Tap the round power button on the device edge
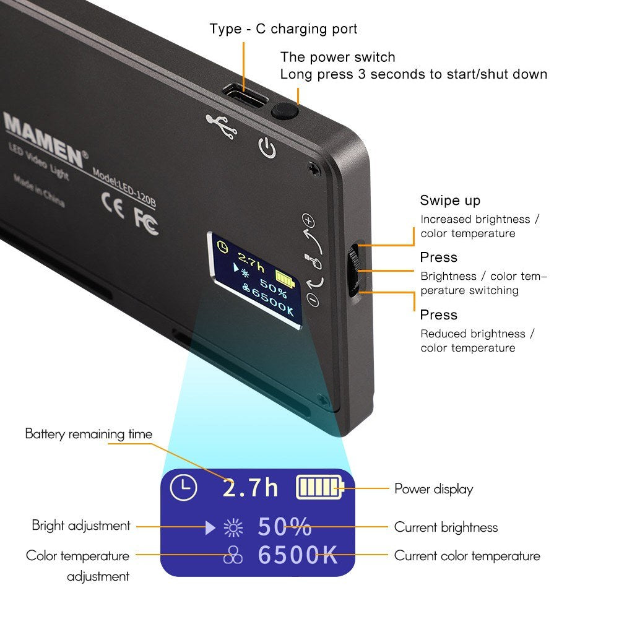284,111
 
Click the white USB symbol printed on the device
222,126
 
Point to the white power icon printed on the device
267,148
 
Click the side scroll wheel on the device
353,270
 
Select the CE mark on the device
113,205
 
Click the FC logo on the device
146,222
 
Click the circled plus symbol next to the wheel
308,220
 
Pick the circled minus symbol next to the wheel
313,300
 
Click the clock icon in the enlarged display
183,488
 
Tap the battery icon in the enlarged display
320,488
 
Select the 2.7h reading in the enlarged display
250,488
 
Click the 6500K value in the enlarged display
298,555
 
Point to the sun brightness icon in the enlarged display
233,528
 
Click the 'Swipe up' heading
450,201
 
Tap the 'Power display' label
433,489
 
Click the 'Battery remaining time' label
89,434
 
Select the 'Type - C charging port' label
284,29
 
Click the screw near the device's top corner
314,169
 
